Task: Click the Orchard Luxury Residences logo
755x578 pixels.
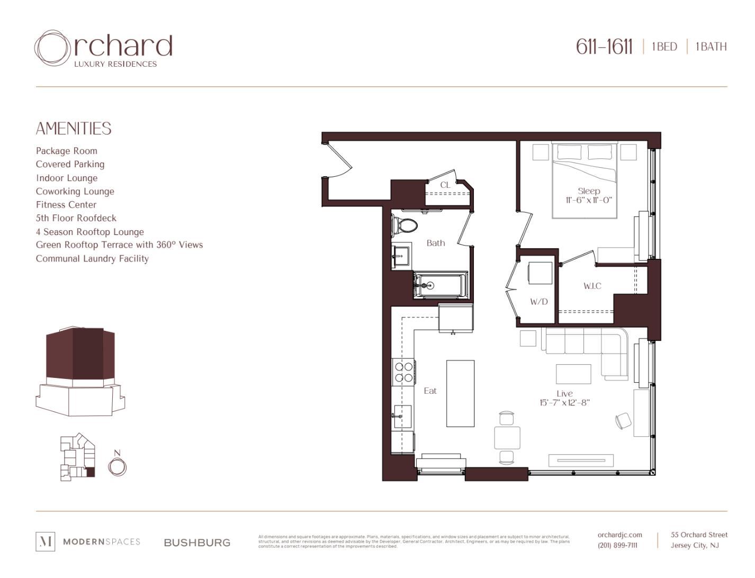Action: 103,49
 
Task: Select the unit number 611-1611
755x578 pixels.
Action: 604,47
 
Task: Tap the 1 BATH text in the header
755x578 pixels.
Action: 711,47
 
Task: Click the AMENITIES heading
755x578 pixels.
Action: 74,129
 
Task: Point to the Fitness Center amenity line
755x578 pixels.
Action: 66,205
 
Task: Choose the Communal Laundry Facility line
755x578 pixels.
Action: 92,259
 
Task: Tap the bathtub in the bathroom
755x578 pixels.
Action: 441,286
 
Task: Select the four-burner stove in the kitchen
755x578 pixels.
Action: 404,372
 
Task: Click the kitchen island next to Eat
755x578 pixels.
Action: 460,393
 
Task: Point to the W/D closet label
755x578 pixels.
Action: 539,302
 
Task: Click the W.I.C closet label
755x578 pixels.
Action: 592,286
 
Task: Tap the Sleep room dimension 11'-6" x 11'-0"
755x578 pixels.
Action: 589,200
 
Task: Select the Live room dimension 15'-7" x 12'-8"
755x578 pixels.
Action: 564,403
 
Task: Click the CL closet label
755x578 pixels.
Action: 445,185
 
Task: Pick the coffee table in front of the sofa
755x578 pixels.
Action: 573,374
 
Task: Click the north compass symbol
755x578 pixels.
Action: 117,466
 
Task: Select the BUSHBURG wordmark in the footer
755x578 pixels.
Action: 197,543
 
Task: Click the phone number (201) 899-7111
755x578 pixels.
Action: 617,546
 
